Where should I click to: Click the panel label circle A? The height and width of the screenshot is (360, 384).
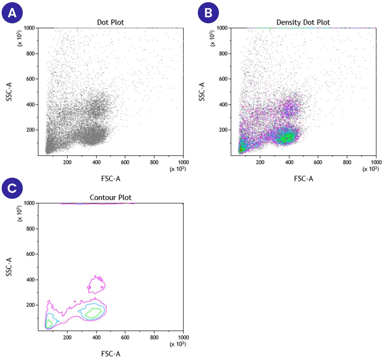click(12, 13)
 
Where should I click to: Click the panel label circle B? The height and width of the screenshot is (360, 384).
click(208, 13)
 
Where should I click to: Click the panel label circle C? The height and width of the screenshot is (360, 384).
click(12, 188)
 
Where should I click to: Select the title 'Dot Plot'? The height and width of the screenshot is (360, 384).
click(110, 22)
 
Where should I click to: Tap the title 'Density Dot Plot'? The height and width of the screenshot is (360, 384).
click(303, 22)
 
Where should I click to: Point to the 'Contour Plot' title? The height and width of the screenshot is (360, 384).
click(110, 197)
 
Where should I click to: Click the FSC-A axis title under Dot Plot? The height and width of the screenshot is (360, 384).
click(111, 179)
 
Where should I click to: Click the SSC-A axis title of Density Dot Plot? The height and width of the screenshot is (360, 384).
click(202, 92)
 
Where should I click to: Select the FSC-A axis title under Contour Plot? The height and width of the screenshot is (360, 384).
click(111, 354)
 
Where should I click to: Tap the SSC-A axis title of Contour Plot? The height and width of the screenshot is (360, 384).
click(9, 266)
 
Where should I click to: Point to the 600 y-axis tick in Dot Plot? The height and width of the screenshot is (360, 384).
click(30, 79)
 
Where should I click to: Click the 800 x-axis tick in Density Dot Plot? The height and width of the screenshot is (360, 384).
click(347, 162)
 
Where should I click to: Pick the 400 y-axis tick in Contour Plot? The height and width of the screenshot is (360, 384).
click(30, 280)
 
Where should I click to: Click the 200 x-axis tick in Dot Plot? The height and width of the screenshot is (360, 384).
click(67, 162)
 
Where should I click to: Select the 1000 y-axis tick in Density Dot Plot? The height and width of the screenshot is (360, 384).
click(222, 28)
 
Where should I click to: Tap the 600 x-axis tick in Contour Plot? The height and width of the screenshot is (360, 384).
click(125, 337)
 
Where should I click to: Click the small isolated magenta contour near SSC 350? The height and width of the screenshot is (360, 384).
click(96, 284)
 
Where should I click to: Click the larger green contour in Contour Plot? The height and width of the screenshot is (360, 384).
click(93, 313)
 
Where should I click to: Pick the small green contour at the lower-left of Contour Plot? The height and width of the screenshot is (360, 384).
click(49, 323)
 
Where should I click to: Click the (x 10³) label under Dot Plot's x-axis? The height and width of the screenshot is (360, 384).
click(178, 169)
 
